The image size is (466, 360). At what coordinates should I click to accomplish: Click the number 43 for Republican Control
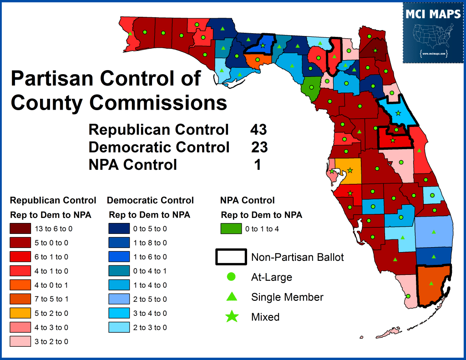point(258,130)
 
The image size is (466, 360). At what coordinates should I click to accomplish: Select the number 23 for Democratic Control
point(259,147)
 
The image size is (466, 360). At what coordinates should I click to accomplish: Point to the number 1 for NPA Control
point(258,165)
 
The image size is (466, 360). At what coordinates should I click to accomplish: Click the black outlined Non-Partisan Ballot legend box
point(231,257)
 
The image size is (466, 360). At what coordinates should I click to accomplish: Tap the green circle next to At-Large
point(231,277)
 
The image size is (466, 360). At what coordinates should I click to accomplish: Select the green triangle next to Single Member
point(231,297)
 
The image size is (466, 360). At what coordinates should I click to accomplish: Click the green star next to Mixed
point(231,317)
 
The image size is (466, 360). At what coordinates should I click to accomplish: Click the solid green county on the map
point(312,85)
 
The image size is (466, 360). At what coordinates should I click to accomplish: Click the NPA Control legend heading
point(247,200)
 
